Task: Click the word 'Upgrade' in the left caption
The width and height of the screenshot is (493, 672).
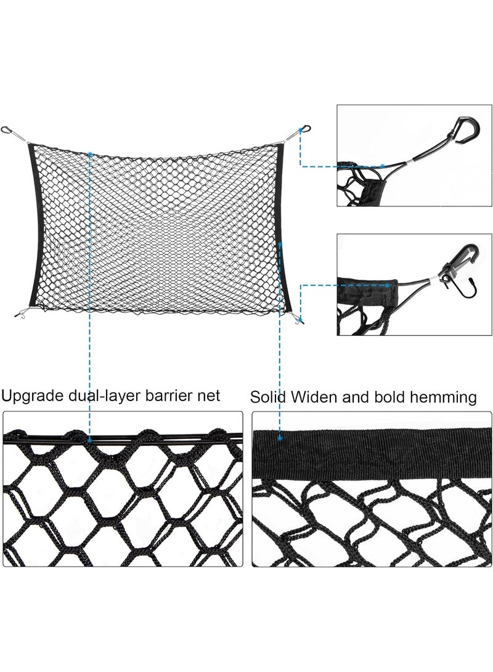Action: coord(33,396)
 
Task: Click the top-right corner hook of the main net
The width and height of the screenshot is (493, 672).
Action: coord(305,128)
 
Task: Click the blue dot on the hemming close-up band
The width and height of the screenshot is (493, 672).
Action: coord(280,439)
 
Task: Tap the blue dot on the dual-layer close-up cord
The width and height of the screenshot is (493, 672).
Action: coord(89,440)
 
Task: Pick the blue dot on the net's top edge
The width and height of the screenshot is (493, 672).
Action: coord(89,153)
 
